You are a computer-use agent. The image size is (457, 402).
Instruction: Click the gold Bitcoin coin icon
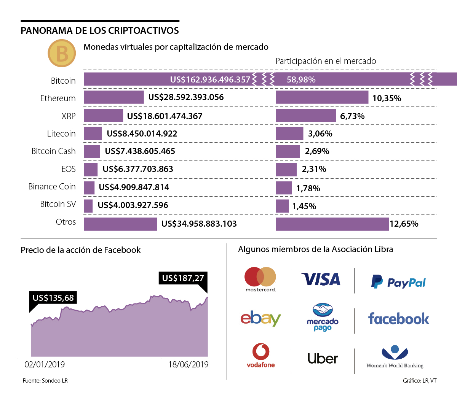(x=62, y=53)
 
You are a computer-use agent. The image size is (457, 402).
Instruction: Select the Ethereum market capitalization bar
(x=114, y=97)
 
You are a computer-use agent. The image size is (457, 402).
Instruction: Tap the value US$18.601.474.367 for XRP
(x=165, y=116)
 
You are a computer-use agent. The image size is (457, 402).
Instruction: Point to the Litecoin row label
(x=61, y=134)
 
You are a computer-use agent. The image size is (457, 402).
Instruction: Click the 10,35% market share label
(x=387, y=98)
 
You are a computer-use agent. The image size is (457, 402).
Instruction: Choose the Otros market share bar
(x=332, y=224)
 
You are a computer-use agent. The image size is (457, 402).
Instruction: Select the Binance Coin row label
(x=52, y=187)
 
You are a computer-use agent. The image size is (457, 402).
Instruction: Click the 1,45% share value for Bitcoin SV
(x=304, y=206)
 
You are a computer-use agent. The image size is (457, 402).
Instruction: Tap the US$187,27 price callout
(x=183, y=278)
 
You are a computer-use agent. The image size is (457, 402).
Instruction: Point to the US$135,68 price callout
(x=53, y=298)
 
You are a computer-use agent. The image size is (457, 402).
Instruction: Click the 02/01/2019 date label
(x=45, y=364)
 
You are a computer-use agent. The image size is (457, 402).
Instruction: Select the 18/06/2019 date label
(x=189, y=364)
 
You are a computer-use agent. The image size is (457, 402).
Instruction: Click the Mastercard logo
(x=260, y=280)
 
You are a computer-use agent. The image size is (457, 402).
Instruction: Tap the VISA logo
(x=321, y=280)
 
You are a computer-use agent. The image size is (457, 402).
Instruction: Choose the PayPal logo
(x=398, y=282)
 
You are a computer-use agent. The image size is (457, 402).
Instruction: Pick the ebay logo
(x=260, y=318)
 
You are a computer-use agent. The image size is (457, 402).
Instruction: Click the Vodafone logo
(x=260, y=356)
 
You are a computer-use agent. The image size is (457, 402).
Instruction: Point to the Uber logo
(x=323, y=358)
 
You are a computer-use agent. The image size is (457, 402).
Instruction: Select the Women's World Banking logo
(x=395, y=358)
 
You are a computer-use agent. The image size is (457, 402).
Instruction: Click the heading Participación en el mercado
(x=326, y=61)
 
